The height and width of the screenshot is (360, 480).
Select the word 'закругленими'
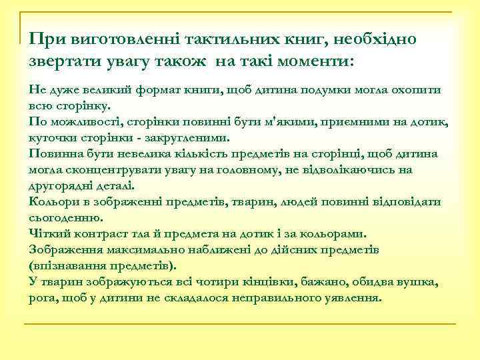click(187, 138)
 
